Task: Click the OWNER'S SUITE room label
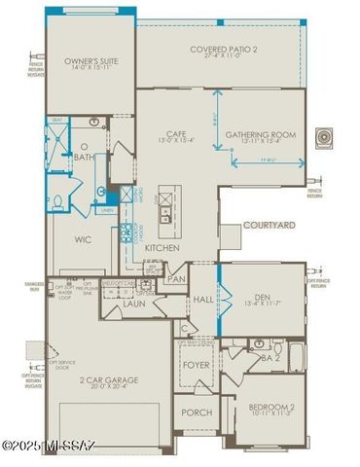coord(90,61)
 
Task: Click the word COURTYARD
coord(269,225)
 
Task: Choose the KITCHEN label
coord(162,248)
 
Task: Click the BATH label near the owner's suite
coord(85,157)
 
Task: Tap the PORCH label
coord(198,413)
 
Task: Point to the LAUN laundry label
coord(134,305)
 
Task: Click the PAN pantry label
coord(177,279)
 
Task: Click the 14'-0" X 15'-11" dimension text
coord(90,70)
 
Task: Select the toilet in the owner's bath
coord(56,201)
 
